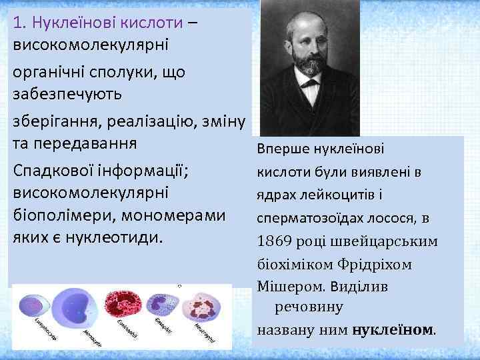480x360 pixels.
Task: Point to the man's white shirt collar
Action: click(309, 84)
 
